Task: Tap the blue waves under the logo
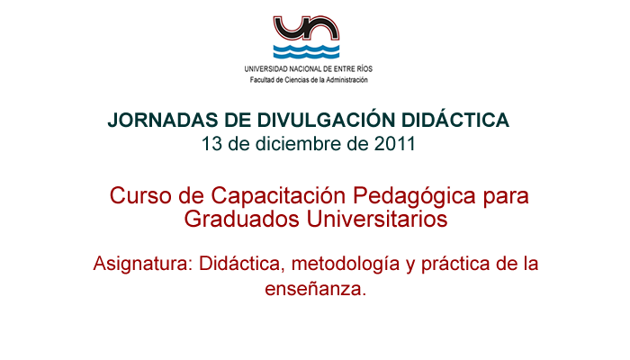click(306, 51)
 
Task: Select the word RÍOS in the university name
click(364, 69)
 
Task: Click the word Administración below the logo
click(346, 80)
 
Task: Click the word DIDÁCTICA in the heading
click(455, 120)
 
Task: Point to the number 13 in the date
click(211, 144)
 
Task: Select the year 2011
click(394, 144)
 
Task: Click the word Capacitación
click(278, 196)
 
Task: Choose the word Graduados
click(242, 220)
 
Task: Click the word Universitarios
click(377, 220)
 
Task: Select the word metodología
click(346, 265)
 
